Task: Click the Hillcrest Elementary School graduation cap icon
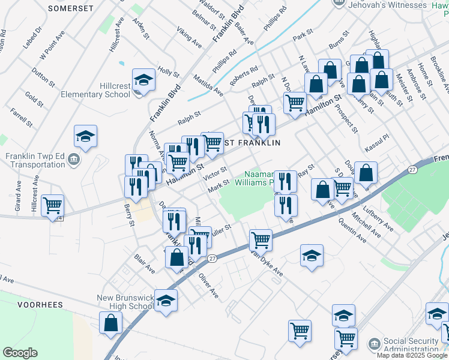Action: point(143,79)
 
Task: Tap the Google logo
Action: point(20,353)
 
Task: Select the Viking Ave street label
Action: point(188,37)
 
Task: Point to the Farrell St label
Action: point(21,117)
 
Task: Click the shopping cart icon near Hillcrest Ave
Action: point(53,205)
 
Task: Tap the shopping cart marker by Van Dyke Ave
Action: point(261,240)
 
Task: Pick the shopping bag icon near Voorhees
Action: point(112,322)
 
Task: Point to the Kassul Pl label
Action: point(378,143)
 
